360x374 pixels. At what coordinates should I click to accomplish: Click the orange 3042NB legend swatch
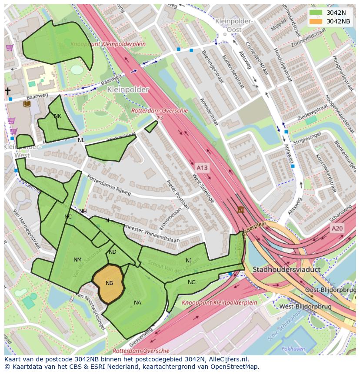(x=317, y=21)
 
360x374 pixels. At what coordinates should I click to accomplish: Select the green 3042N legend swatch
(x=317, y=13)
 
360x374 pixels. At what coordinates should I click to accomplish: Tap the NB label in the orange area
(x=109, y=283)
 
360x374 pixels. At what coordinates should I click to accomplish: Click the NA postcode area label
(x=137, y=303)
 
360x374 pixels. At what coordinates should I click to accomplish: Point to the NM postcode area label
(x=77, y=260)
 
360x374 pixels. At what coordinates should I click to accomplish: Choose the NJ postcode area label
(x=188, y=261)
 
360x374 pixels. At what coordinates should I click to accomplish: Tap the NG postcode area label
(x=192, y=282)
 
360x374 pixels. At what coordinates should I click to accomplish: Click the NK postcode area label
(x=57, y=116)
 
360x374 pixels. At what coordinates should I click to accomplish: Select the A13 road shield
(x=202, y=168)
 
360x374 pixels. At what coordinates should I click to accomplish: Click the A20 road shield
(x=337, y=228)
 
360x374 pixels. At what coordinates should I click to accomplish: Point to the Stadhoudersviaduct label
(x=287, y=270)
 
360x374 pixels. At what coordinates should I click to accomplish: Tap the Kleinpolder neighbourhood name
(x=128, y=89)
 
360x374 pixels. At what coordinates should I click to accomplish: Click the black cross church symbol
(x=7, y=91)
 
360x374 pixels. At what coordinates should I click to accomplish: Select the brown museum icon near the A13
(x=240, y=210)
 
